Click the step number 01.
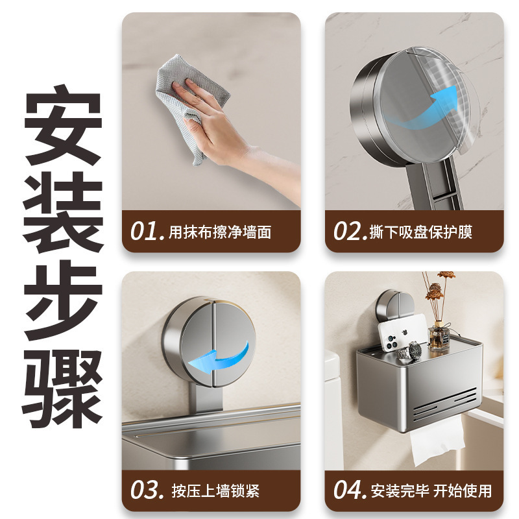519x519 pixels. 147,231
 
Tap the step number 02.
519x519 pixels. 350,231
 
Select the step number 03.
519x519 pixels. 147,490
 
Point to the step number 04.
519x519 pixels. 350,490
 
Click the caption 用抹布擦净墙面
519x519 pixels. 220,232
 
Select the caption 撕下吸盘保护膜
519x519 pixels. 420,232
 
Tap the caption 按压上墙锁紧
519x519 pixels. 215,490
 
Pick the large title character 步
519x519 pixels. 63,300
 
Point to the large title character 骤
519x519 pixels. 63,388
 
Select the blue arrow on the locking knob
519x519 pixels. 219,360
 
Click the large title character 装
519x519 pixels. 63,213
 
